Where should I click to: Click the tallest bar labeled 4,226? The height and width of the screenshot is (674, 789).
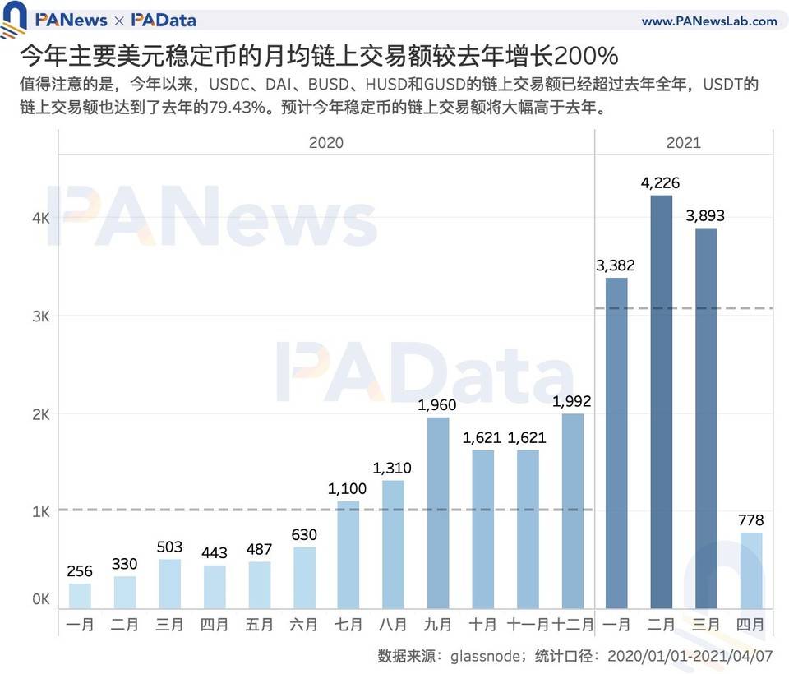pyautogui.click(x=661, y=403)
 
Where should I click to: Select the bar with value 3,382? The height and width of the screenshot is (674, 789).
pyautogui.click(x=616, y=444)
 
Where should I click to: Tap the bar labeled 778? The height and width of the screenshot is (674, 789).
pyautogui.click(x=751, y=571)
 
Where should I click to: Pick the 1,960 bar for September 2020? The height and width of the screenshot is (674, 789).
pyautogui.click(x=438, y=514)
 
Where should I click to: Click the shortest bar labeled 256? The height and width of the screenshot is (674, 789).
pyautogui.click(x=80, y=597)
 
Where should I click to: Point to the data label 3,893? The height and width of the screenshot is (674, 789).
pyautogui.click(x=705, y=217)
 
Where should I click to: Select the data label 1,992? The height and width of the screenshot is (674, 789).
pyautogui.click(x=572, y=402)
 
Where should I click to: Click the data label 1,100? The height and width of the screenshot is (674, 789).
pyautogui.click(x=348, y=489)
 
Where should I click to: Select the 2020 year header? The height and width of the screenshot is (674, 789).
pyautogui.click(x=326, y=143)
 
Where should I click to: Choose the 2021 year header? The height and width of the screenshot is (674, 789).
pyautogui.click(x=684, y=143)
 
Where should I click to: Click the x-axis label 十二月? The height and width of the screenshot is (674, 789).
pyautogui.click(x=573, y=626)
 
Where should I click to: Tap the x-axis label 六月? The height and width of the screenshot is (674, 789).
pyautogui.click(x=303, y=626)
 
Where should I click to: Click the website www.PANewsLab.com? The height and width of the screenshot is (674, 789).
pyautogui.click(x=708, y=21)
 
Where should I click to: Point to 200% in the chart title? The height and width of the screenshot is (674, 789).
pyautogui.click(x=585, y=57)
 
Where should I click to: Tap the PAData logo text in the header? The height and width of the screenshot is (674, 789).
pyautogui.click(x=164, y=20)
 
